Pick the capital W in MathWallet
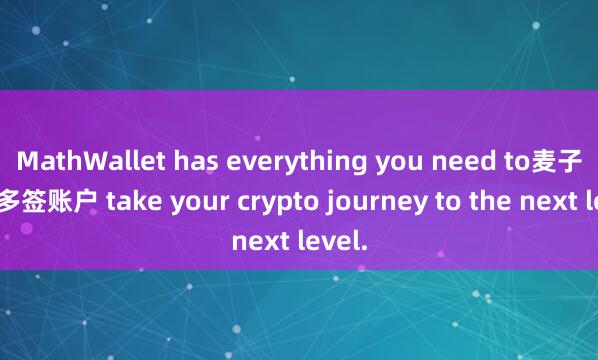87,161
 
